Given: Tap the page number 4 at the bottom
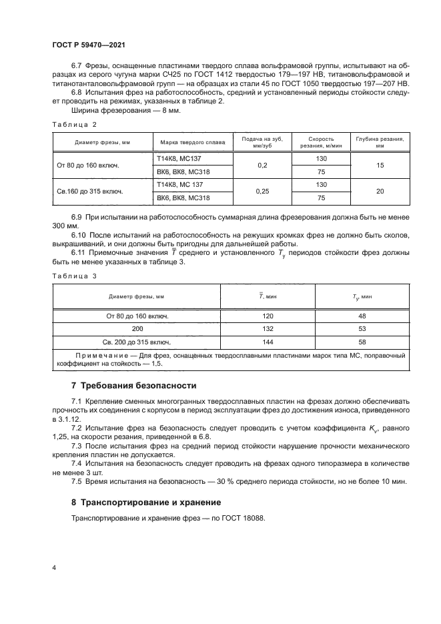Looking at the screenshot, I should [x=54, y=568].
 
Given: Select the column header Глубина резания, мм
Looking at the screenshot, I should [x=380, y=142].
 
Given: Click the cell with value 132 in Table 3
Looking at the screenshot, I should [x=268, y=328].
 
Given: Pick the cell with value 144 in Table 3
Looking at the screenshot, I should [x=268, y=341].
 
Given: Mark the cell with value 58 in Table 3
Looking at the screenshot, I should [x=362, y=341].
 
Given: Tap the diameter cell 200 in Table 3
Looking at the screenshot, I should [x=137, y=328].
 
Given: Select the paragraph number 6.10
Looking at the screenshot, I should [x=79, y=235].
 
